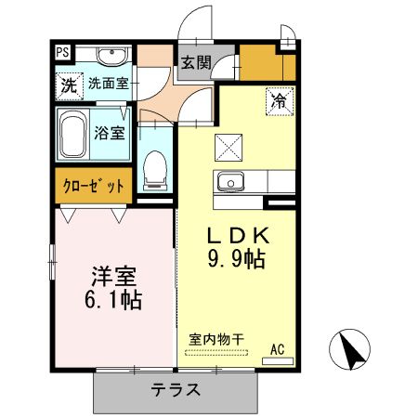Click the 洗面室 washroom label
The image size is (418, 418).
[x=110, y=84]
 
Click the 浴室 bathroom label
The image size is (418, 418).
[x=109, y=132]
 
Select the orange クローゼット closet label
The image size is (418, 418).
[x=92, y=186]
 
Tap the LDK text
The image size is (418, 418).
[x=238, y=234]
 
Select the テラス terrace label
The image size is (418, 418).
[x=176, y=390]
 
